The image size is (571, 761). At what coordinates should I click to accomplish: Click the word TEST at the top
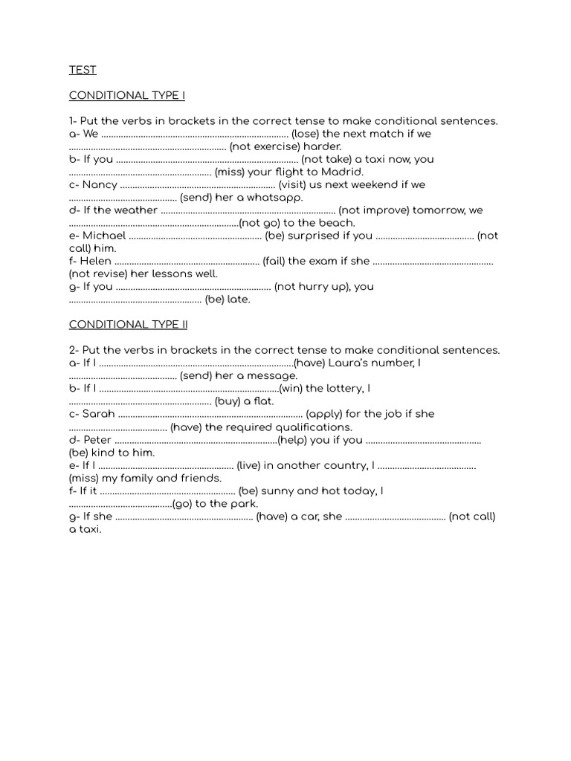tap(83, 70)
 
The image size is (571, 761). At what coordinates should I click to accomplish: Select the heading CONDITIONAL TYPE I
tap(127, 96)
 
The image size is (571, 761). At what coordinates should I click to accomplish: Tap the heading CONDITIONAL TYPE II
tap(129, 325)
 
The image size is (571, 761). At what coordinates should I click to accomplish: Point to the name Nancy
tap(100, 185)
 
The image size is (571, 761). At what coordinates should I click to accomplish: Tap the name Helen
tap(97, 261)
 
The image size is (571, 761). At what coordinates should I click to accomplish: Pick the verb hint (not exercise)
tap(265, 146)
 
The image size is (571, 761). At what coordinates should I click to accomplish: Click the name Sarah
tap(99, 414)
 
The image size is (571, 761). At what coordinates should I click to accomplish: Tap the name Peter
tap(97, 440)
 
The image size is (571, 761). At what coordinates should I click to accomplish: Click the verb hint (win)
tap(291, 388)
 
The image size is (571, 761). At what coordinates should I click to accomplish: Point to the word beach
tap(339, 223)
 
